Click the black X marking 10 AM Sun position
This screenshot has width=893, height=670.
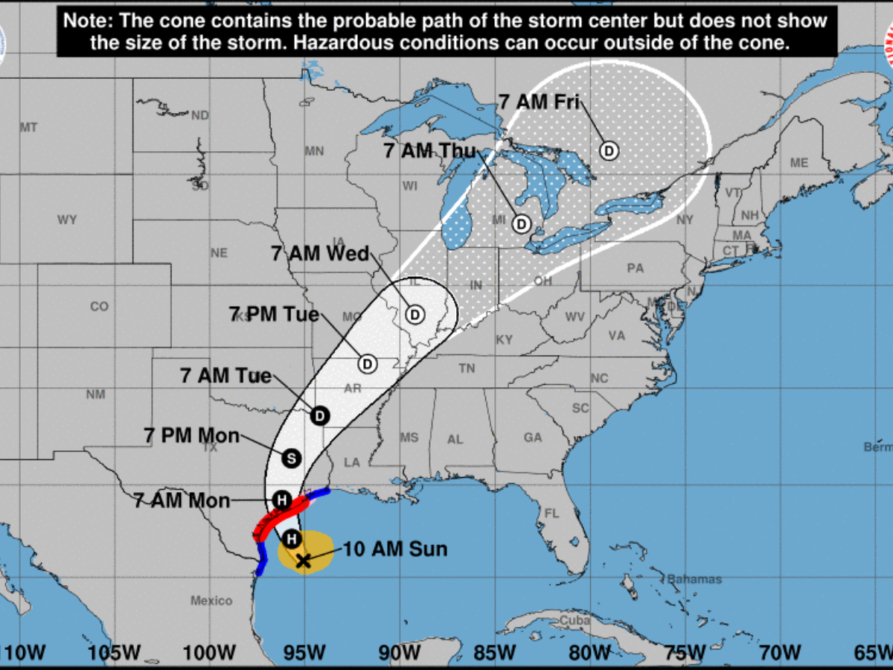pos(303,561)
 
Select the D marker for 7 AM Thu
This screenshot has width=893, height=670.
pos(522,223)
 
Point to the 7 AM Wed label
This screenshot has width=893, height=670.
pos(321,254)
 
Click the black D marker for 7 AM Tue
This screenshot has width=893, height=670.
pos(320,415)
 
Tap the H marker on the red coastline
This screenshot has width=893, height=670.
pos(282,500)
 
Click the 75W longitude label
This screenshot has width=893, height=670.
pos(685,654)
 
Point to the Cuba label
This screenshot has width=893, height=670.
pos(575,620)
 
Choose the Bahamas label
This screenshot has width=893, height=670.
pos(694,578)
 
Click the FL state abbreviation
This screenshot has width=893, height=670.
pos(551,514)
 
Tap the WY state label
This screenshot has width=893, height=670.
pos(67,220)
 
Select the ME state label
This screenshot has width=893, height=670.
pos(799,162)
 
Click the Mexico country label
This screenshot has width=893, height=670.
pos(211,601)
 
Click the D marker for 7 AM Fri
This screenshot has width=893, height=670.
pos(609,151)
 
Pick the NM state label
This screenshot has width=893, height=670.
pos(95,395)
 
